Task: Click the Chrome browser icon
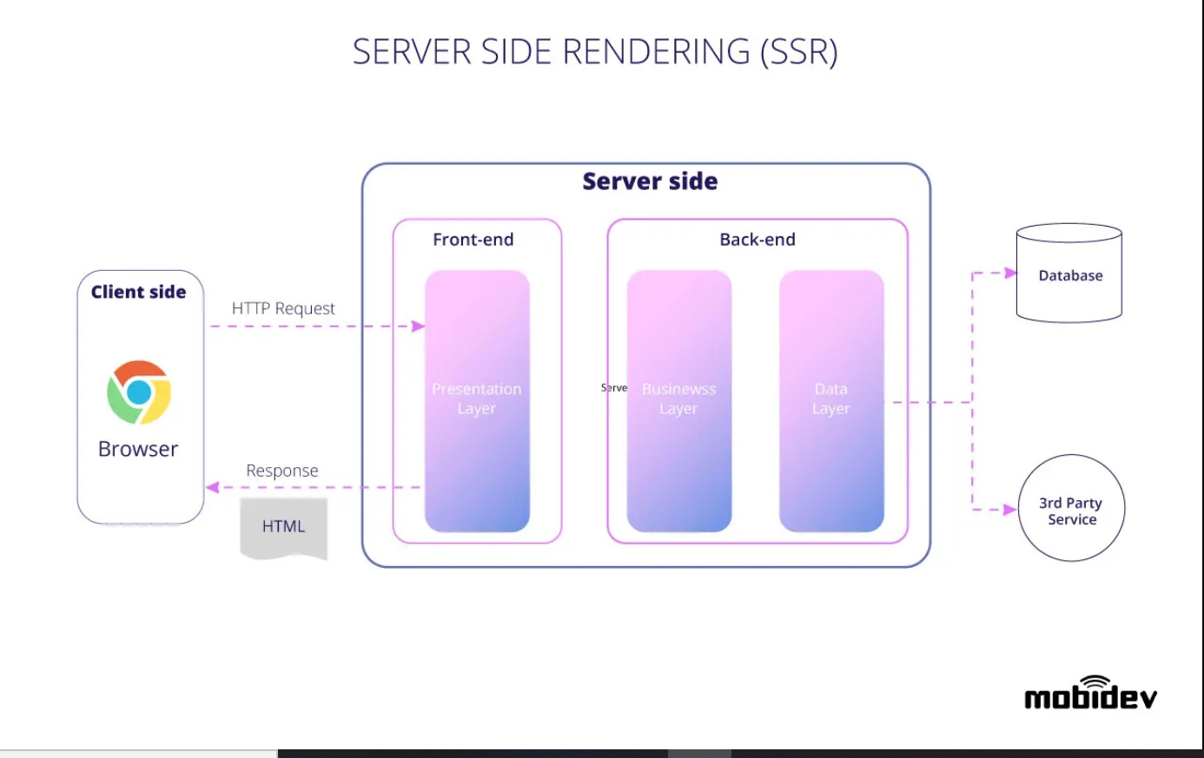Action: pyautogui.click(x=139, y=392)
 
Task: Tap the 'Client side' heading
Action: pyautogui.click(x=138, y=292)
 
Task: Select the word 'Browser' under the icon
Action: pyautogui.click(x=138, y=449)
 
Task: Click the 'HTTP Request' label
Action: pyautogui.click(x=283, y=308)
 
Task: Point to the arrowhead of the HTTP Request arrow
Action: pyautogui.click(x=419, y=326)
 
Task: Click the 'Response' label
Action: pyautogui.click(x=282, y=471)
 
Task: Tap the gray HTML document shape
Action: pyautogui.click(x=284, y=527)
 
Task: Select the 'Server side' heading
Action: pyautogui.click(x=650, y=181)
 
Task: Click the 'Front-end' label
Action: pyautogui.click(x=473, y=240)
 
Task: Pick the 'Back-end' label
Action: pyautogui.click(x=757, y=240)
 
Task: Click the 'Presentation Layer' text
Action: pyautogui.click(x=477, y=399)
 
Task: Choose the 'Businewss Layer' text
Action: pyautogui.click(x=678, y=399)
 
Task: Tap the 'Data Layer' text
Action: pyautogui.click(x=831, y=399)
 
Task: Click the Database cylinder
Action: pyautogui.click(x=1069, y=274)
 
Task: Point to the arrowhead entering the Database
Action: pyautogui.click(x=1010, y=273)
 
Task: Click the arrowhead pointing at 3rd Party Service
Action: pyautogui.click(x=1010, y=510)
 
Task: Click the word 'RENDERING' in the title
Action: pyautogui.click(x=656, y=52)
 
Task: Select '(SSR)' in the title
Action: pyautogui.click(x=799, y=52)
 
